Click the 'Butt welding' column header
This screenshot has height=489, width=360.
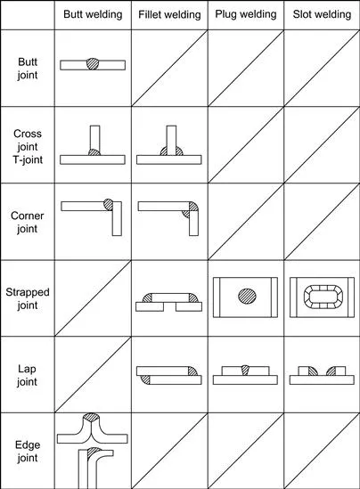pos(93,14)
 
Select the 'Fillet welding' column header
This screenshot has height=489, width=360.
pos(169,14)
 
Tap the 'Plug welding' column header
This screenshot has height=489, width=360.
pos(246,14)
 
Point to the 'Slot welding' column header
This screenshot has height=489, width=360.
pos(322,14)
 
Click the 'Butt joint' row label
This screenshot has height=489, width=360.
pos(28,69)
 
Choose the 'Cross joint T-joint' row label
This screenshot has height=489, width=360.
pos(28,147)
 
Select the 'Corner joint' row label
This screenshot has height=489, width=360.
pos(27,222)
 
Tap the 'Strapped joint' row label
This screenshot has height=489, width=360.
pos(28,298)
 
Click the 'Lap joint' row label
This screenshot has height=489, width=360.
pos(27,375)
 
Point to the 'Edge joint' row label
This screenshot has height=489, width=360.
pos(28,452)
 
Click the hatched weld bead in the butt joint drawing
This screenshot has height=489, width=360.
pos(93,63)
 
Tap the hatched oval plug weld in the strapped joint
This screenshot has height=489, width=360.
pos(247,296)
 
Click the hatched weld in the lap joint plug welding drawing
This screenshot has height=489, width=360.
pos(245,371)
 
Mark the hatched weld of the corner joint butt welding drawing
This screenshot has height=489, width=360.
pos(109,204)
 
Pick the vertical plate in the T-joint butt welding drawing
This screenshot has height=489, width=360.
pos(94,139)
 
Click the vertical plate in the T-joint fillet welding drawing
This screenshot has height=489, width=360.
pos(171,141)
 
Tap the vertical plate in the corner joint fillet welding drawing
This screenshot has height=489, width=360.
pos(193,223)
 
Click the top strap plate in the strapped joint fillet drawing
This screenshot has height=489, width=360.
pos(170,297)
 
